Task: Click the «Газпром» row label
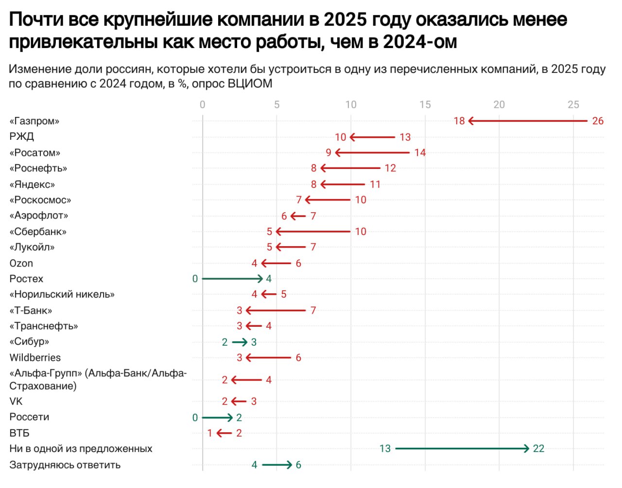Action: pos(35,121)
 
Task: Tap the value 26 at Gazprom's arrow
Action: pos(598,121)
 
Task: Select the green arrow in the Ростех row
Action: pos(232,279)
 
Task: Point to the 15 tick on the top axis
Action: pos(425,104)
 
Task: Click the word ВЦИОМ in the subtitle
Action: pos(250,84)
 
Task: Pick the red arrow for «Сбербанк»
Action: pos(313,232)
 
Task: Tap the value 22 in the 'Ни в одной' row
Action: pos(538,449)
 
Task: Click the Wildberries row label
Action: pos(35,358)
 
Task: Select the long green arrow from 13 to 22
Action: pos(462,449)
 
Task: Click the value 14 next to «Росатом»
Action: pos(420,152)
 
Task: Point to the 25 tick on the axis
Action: pos(573,104)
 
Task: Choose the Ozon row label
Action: pos(21,263)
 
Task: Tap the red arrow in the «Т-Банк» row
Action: pos(276,310)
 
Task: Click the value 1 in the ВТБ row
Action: pos(209,433)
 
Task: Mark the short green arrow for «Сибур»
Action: pos(240,342)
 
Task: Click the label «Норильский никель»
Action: pos(62,294)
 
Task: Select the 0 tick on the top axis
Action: pos(203,104)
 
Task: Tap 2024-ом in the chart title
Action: pos(420,42)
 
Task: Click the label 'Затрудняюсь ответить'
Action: pos(65,465)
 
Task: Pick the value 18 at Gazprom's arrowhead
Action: pos(459,121)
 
